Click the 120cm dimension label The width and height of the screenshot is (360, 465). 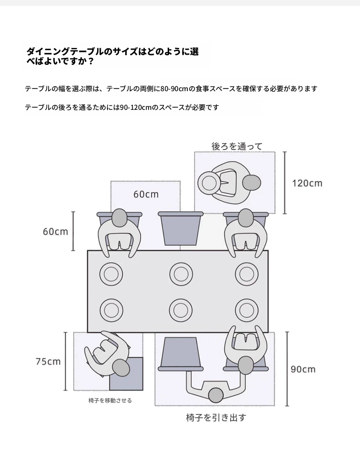[307, 183]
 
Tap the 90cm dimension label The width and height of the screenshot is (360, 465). [303, 369]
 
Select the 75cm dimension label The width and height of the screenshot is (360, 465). [48, 361]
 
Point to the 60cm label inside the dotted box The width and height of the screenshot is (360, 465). [146, 194]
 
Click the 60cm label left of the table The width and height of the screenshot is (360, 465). [56, 231]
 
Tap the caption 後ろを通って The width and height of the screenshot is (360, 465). [237, 146]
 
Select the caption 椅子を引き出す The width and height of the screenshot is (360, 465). [216, 418]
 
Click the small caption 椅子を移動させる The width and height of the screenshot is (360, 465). [110, 400]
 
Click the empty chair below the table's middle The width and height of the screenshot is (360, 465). [180, 354]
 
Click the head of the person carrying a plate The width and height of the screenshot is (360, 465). [252, 183]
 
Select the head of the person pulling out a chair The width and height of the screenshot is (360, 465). [216, 395]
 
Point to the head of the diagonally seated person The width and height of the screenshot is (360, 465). [121, 368]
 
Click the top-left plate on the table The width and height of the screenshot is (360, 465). [111, 274]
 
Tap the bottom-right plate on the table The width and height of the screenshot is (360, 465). [247, 310]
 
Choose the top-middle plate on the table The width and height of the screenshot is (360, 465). [181, 274]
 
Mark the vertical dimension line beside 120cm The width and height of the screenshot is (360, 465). [285, 183]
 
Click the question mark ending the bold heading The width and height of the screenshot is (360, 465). [91, 62]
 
